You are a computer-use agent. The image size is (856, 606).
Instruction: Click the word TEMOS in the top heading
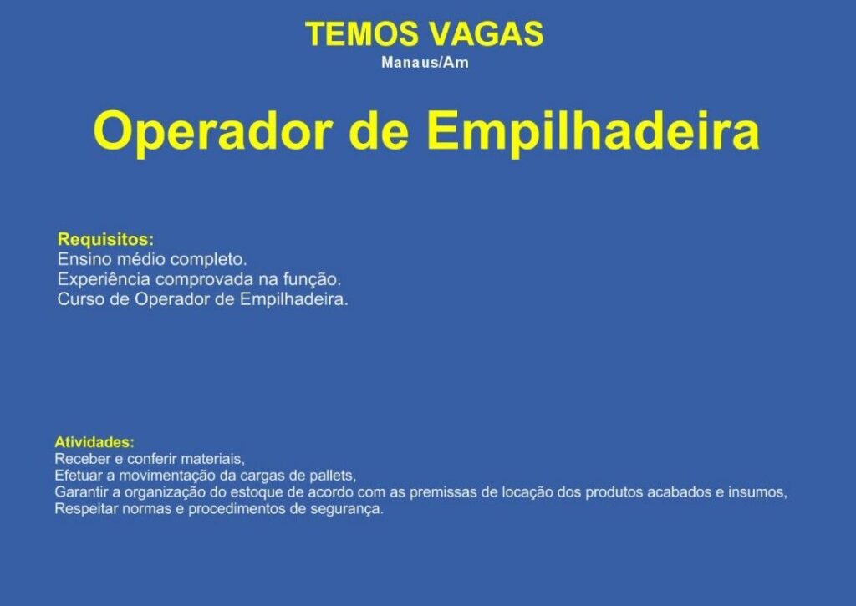(361, 33)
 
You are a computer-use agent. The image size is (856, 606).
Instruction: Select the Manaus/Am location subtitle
(425, 62)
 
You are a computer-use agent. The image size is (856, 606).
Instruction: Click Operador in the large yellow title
(213, 131)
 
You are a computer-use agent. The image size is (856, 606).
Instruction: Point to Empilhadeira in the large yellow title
(594, 131)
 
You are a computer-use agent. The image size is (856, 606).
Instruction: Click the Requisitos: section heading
(106, 239)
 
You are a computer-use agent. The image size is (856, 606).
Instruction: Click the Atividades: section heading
(94, 441)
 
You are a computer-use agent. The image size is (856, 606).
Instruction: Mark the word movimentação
(167, 476)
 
